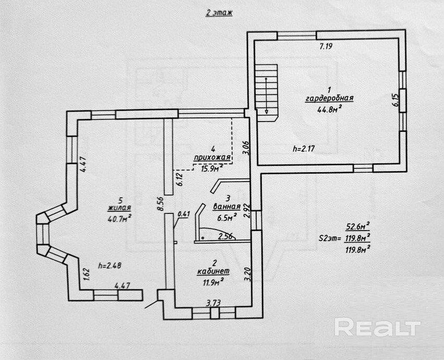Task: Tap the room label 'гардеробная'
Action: click(330, 98)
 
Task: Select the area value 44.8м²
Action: click(329, 109)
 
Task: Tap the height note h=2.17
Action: click(305, 149)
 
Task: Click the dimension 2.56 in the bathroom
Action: click(225, 236)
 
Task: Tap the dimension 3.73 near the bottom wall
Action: click(212, 303)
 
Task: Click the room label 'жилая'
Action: click(119, 209)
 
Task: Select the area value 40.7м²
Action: click(119, 219)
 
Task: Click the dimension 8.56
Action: click(161, 202)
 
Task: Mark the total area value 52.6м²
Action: click(358, 226)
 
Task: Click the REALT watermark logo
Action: click(377, 328)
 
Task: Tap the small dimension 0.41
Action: click(184, 213)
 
